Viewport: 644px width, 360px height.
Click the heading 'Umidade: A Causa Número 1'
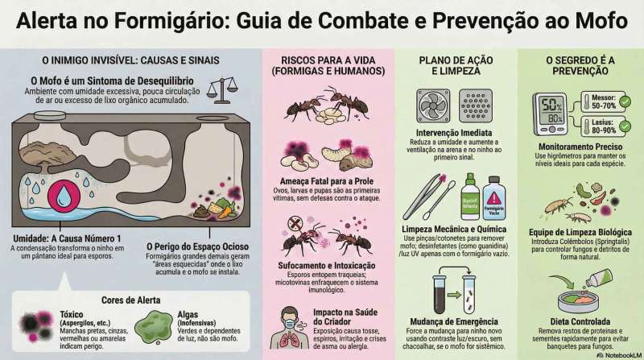[x=68, y=238]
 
